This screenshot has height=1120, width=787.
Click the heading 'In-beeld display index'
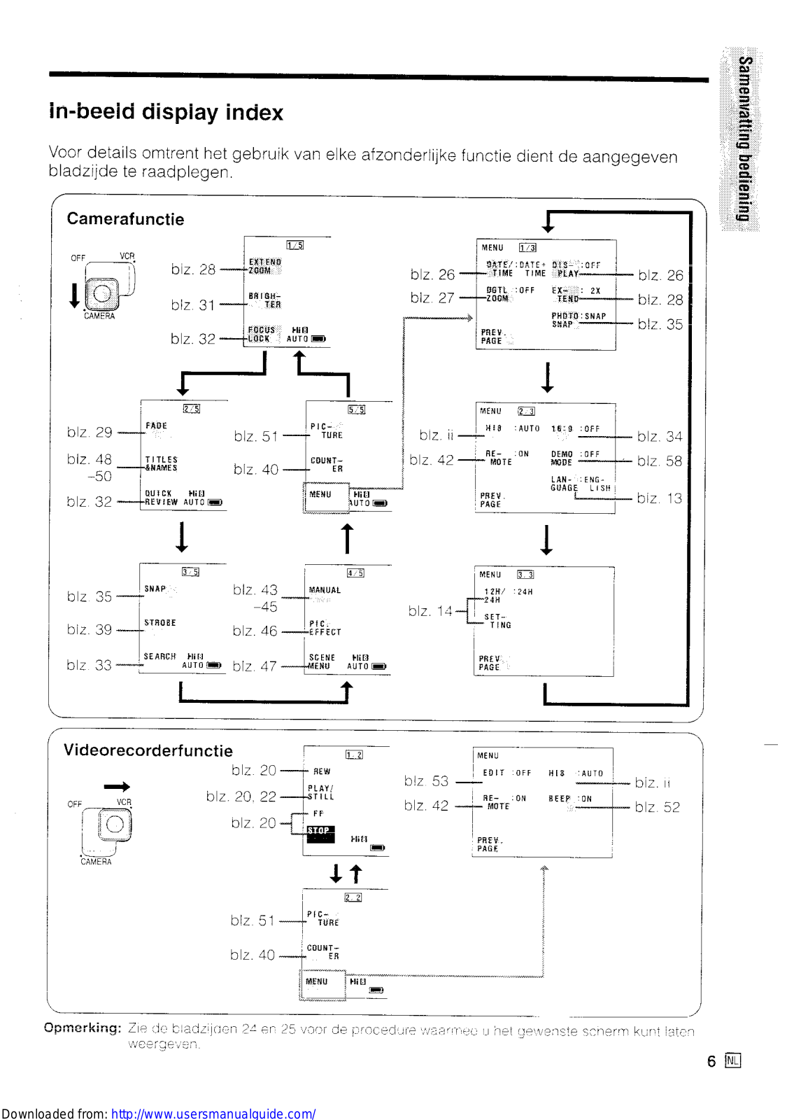point(166,112)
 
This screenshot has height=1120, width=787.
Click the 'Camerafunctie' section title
point(125,219)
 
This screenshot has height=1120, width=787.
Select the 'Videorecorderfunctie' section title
point(148,750)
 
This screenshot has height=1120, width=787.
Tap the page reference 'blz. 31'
point(192,305)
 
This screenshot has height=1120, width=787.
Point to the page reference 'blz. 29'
point(89,433)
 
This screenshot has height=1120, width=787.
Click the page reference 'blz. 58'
point(659,461)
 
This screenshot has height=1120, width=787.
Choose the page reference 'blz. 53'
point(426,781)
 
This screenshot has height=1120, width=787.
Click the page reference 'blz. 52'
point(657,807)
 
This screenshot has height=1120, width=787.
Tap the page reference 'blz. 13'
point(659,498)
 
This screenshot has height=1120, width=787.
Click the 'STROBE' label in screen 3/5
point(159,623)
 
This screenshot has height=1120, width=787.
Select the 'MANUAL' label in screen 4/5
point(325,591)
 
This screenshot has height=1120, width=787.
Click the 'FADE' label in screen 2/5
point(156,426)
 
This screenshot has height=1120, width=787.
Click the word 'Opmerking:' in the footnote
point(82,1028)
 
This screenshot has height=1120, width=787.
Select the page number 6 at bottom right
point(711,1061)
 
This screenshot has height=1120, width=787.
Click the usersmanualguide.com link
point(213,1113)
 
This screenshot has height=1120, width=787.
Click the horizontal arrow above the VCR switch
point(116,787)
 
